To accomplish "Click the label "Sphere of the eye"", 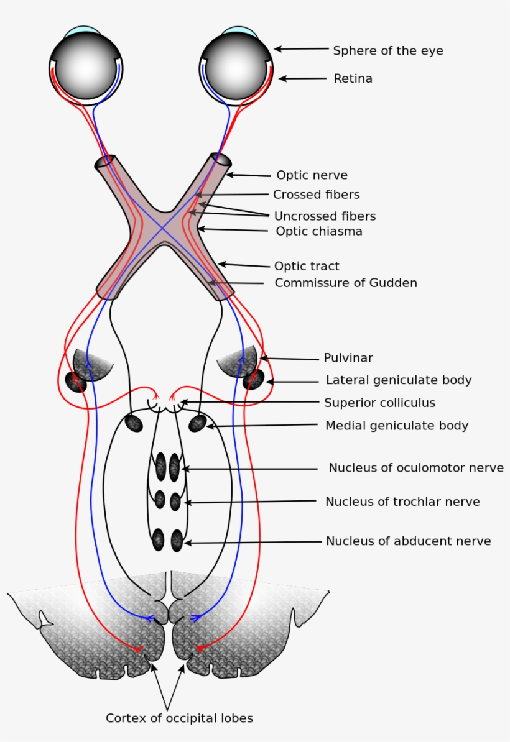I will pos(388,51).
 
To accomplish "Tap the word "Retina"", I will pos(353,79).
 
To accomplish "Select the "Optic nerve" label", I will pos(312,175).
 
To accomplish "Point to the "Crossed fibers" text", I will pos(316,195).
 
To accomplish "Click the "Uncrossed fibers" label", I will pos(325,216).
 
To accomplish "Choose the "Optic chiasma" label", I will pos(318,231).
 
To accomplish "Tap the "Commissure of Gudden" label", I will pos(346,283).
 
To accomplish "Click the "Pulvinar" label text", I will pos(348,358).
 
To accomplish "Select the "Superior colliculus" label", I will pos(379,403).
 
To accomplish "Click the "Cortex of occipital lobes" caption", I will pos(179,718).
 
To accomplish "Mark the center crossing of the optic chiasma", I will pos(163,227).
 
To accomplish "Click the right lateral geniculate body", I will pos(253,380).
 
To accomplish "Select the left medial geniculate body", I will pos(134,423).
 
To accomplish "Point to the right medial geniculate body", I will pos(197,423).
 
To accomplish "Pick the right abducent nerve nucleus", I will pos(177,540).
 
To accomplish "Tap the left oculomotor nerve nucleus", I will pos(160,466).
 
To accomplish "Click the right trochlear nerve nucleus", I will pos(175,501).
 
